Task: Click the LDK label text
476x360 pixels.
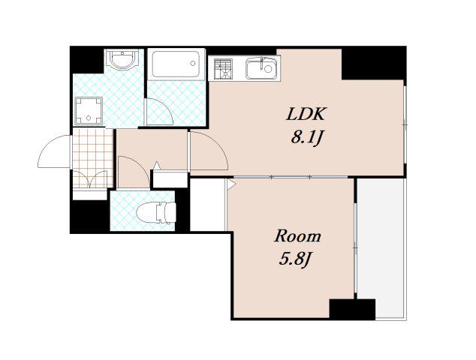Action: click(x=306, y=114)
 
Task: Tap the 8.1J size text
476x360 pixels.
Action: click(x=306, y=138)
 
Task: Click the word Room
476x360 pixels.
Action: click(x=297, y=236)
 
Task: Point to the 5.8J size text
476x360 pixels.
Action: click(x=296, y=259)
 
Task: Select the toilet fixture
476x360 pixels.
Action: click(x=156, y=212)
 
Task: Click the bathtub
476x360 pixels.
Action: click(x=176, y=64)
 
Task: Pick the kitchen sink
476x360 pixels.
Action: click(x=262, y=68)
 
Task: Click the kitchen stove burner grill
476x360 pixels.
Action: click(x=223, y=69)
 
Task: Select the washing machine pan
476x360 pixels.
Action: click(x=89, y=111)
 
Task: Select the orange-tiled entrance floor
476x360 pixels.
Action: click(x=93, y=157)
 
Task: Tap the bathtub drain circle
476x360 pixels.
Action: click(x=193, y=64)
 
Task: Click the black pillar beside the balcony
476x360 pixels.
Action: click(x=352, y=309)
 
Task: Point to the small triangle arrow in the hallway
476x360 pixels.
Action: click(x=156, y=166)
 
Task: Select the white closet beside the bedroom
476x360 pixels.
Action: click(x=208, y=205)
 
